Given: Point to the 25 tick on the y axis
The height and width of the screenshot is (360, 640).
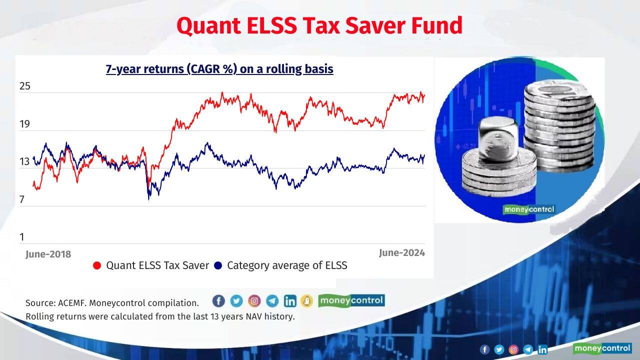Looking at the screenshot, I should (25, 86).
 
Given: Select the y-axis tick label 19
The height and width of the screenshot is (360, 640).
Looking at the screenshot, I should (25, 124).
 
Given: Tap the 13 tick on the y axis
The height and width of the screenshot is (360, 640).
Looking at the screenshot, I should (25, 161).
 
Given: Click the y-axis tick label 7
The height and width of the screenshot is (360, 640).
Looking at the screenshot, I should (22, 199).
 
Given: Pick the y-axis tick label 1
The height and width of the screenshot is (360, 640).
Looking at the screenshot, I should (22, 236).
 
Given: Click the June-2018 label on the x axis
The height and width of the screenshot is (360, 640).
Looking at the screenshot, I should (48, 254).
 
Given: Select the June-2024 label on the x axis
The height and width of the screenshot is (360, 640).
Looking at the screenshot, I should (401, 253).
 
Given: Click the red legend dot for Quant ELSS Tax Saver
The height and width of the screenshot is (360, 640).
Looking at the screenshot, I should (97, 265).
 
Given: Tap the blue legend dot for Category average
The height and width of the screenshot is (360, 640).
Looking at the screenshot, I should (218, 265).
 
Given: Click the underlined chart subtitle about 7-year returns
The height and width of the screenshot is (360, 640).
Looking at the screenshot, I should (219, 68).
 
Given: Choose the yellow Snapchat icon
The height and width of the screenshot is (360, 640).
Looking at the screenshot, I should (306, 300).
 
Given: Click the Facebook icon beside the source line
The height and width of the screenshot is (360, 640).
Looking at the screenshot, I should (218, 300).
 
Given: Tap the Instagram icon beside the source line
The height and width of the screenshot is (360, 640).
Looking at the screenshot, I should (254, 300).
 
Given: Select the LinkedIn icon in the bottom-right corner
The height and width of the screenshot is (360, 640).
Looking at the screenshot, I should (542, 349).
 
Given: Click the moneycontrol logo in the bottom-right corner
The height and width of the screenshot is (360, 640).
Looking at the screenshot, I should (602, 348).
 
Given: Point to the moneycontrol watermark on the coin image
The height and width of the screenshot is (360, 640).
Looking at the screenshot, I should (529, 209).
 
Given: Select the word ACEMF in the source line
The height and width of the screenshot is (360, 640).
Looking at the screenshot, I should (72, 303).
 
